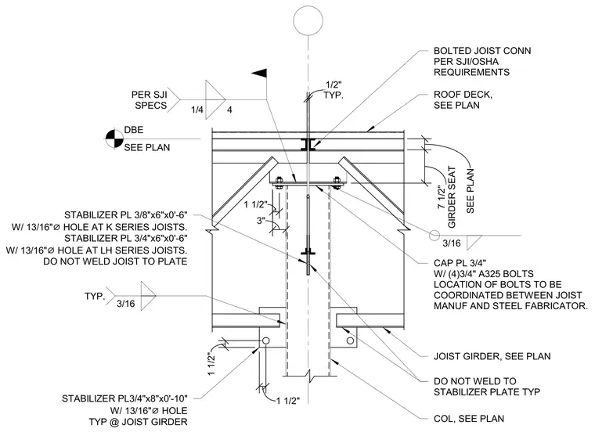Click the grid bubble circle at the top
click(x=308, y=20)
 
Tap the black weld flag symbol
click(x=259, y=74)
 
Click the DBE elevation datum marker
click(x=114, y=139)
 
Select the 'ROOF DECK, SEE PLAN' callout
click(x=463, y=99)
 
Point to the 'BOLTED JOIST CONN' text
click(x=482, y=51)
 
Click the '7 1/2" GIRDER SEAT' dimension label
click(x=446, y=197)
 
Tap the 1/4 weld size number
click(x=197, y=110)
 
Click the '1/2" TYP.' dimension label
click(x=334, y=90)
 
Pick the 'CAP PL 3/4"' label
click(x=460, y=263)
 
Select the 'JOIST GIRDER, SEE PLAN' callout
click(x=492, y=356)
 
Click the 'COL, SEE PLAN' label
click(x=469, y=419)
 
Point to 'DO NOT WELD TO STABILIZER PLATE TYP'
click(x=487, y=386)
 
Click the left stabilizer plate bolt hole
click(x=265, y=341)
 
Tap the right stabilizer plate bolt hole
click(x=350, y=341)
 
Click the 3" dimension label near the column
click(x=261, y=221)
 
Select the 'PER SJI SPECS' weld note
click(x=150, y=99)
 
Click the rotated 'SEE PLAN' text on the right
click(x=471, y=191)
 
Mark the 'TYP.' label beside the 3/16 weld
click(x=95, y=296)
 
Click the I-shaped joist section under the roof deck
click(x=308, y=144)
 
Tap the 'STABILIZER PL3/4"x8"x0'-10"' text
click(x=124, y=398)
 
